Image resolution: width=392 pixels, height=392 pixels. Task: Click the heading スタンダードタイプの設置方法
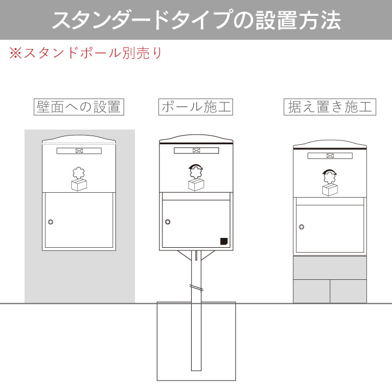tap(196, 20)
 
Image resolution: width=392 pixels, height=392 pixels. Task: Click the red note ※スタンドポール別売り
tap(85, 53)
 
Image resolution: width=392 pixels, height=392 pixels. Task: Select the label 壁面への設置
tap(78, 107)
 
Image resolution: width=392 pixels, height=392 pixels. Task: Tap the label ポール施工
tap(196, 107)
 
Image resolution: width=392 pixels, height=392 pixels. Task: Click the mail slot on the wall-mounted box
tap(79, 151)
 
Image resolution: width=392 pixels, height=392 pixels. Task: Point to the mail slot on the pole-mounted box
tap(196, 151)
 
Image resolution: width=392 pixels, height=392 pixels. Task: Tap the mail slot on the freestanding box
tap(329, 156)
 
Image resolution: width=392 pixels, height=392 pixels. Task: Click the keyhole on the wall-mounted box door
tap(51, 222)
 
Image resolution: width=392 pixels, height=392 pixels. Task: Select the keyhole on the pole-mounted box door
tap(168, 222)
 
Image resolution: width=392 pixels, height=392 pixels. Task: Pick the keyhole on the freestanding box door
tap(301, 226)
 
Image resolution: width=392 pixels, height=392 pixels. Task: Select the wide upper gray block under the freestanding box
tap(329, 268)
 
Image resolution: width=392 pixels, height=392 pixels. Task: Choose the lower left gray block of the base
tap(311, 291)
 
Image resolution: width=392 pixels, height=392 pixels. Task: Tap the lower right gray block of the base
tap(348, 291)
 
